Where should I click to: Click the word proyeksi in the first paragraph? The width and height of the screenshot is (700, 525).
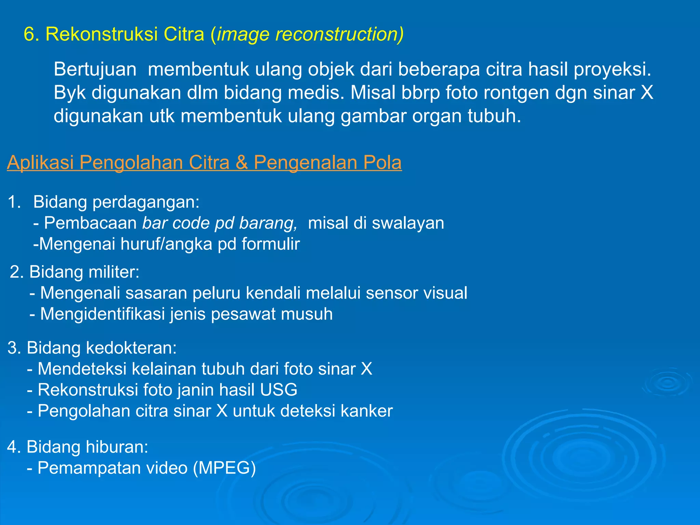tap(612, 69)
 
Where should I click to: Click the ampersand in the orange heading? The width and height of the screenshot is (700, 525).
tap(241, 162)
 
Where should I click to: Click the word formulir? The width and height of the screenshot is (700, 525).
tap(271, 244)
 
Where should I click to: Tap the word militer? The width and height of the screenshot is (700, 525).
tap(114, 272)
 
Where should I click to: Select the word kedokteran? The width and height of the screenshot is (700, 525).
tap(131, 348)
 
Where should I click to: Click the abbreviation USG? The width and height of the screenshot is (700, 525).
tap(279, 390)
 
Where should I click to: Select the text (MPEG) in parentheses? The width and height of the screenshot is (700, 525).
tap(224, 468)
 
